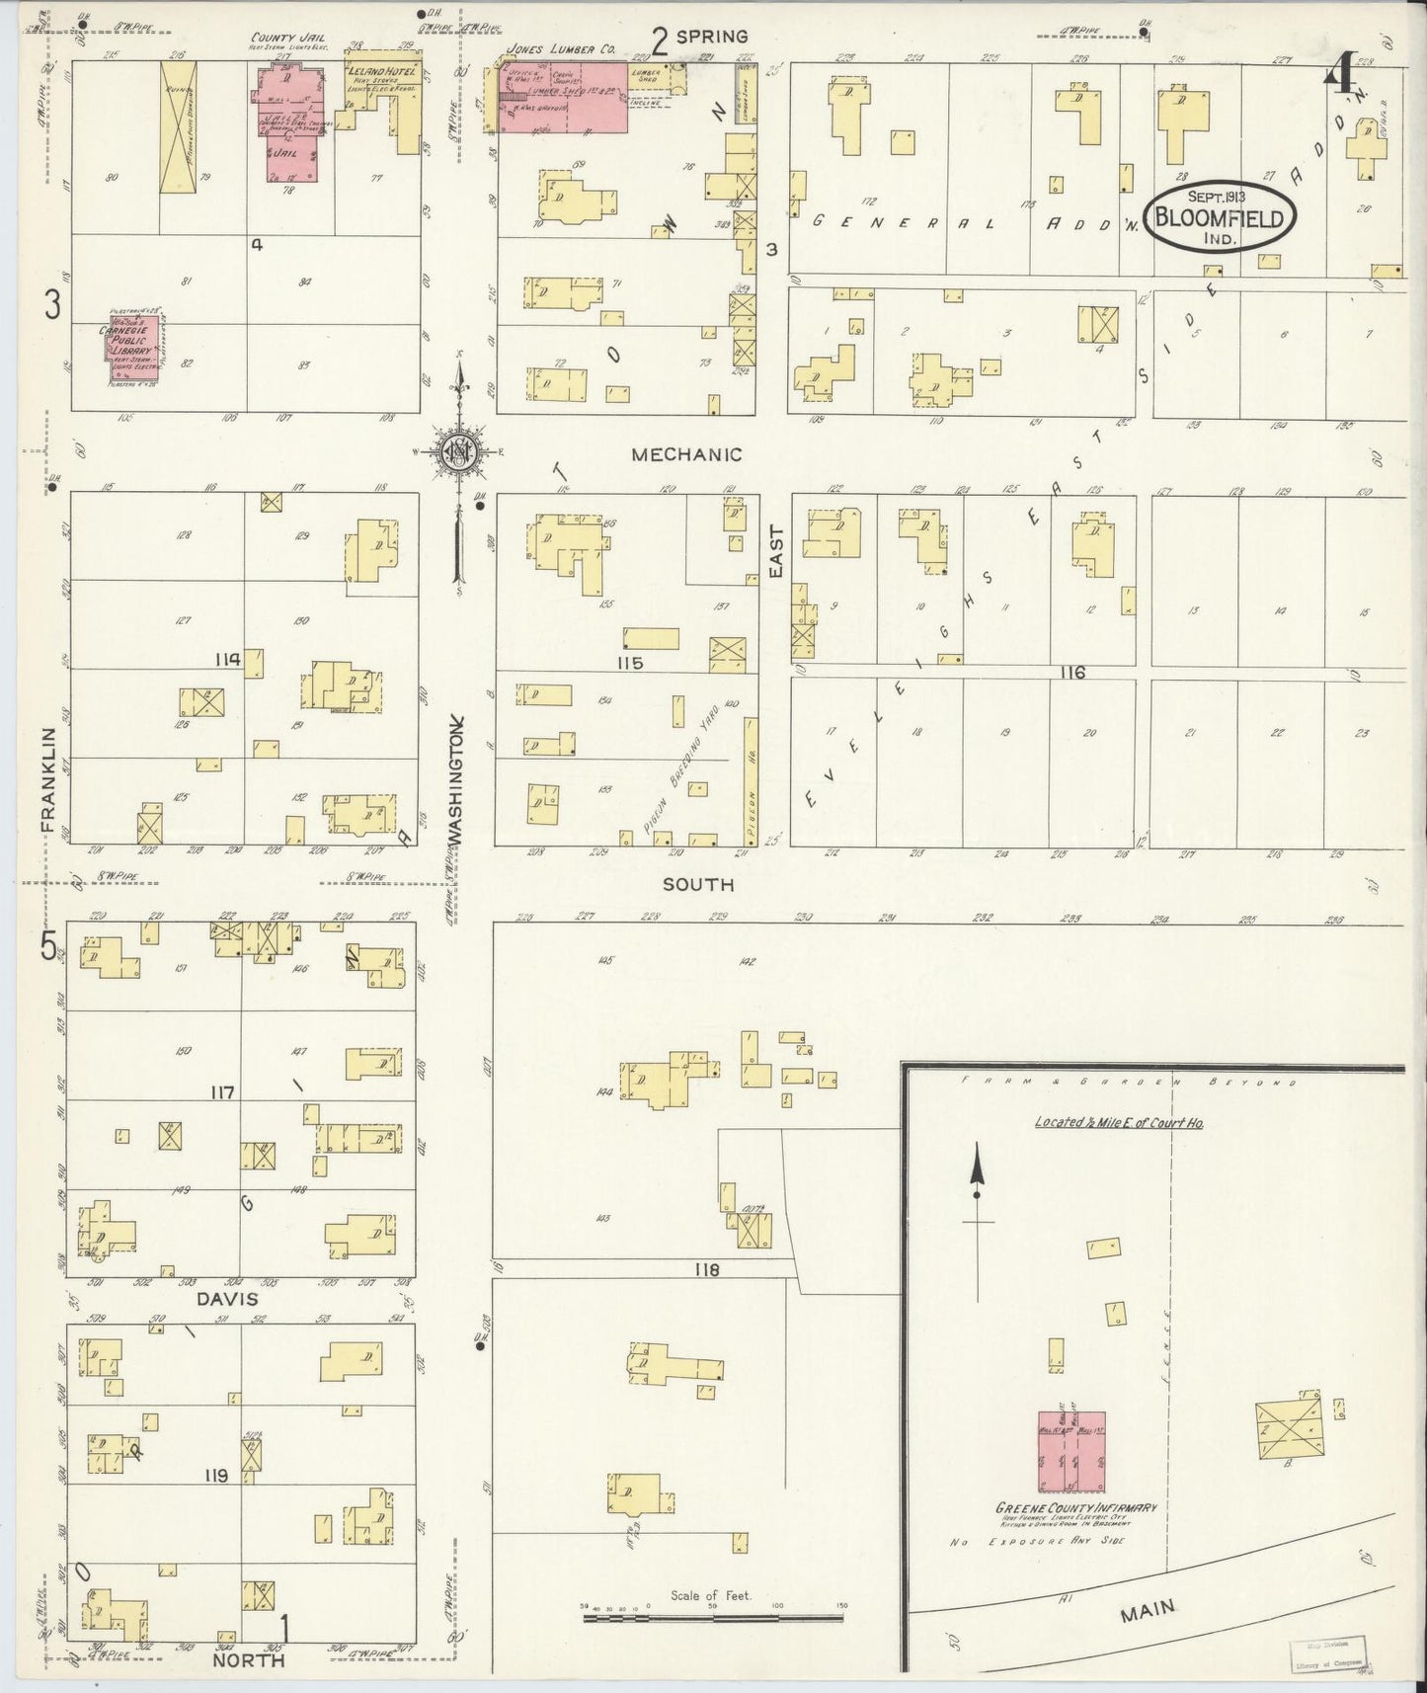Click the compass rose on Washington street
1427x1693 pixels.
click(x=459, y=452)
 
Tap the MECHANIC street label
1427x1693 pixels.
click(x=686, y=454)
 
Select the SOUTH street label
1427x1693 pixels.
click(x=697, y=884)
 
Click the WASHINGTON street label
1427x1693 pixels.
click(x=456, y=780)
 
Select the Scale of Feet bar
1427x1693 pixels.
click(x=711, y=1617)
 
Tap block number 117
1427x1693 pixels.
click(x=221, y=1093)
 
